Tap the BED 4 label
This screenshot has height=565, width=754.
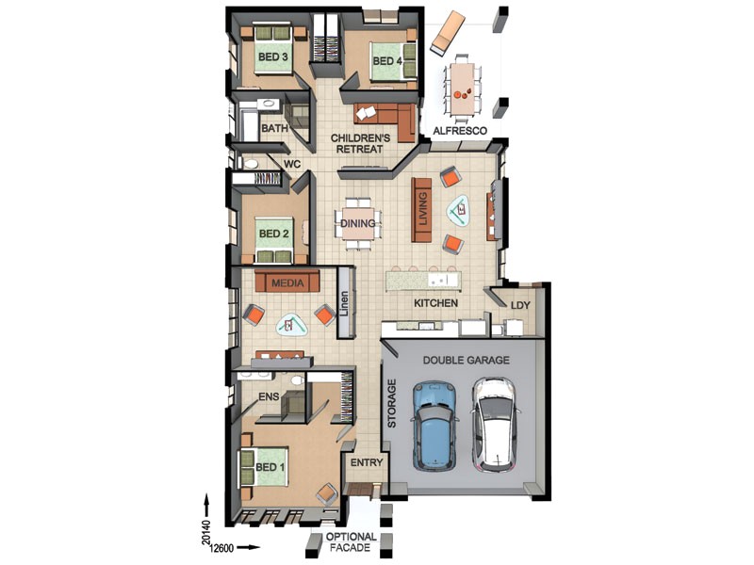tap(386, 61)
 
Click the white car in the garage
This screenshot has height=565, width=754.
tap(495, 423)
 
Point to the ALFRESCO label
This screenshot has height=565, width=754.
tap(459, 132)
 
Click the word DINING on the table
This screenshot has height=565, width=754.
tap(358, 224)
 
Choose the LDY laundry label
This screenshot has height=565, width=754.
tap(520, 305)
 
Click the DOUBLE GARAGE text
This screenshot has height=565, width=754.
tap(466, 360)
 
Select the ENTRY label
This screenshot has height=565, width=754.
tap(366, 463)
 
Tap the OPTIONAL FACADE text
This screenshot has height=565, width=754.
tap(351, 543)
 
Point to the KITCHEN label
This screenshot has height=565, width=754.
tap(436, 303)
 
